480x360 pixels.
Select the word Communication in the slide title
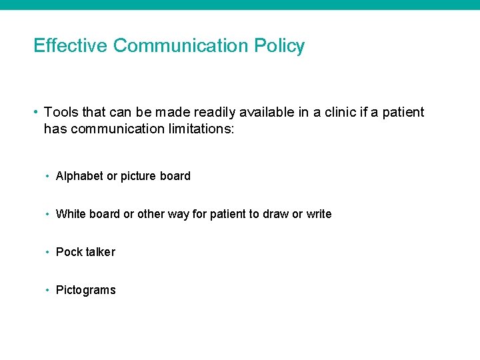181,45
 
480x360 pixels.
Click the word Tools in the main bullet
61,112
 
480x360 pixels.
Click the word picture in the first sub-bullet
139,176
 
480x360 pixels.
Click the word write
319,214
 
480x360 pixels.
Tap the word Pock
69,252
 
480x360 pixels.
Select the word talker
100,252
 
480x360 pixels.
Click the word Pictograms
85,290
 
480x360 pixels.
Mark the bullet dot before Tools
37,112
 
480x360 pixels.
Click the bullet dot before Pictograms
48,290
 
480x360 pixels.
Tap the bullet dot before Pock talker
48,252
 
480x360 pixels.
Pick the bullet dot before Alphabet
48,176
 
